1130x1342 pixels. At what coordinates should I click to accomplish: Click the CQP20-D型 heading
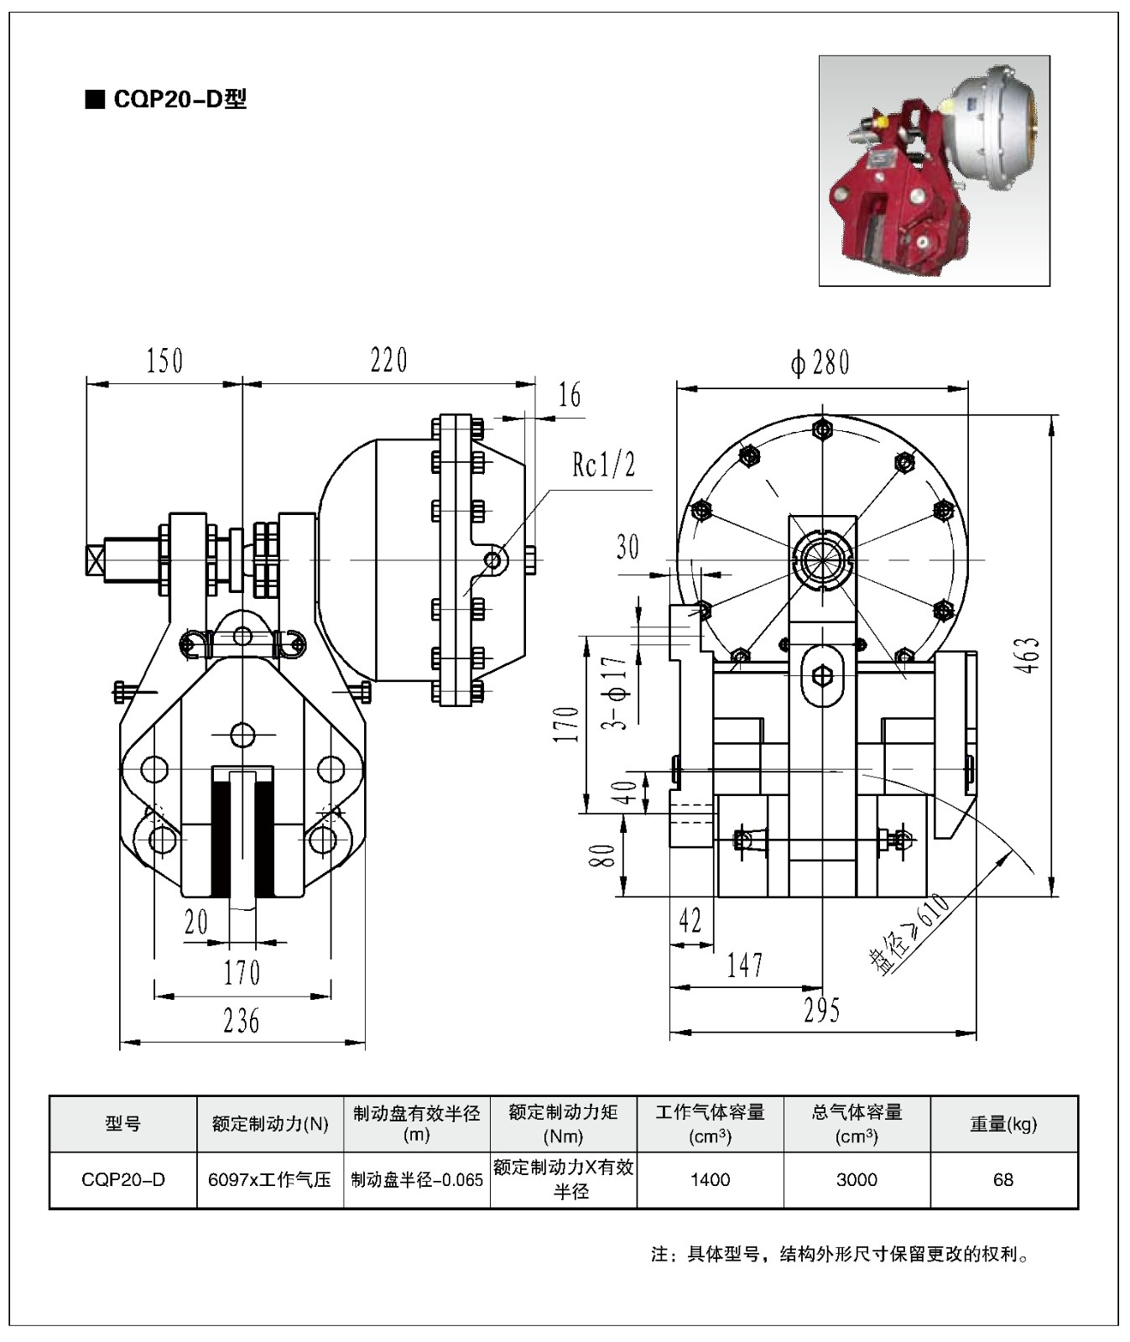click(167, 100)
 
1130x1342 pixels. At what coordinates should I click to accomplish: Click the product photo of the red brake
click(934, 170)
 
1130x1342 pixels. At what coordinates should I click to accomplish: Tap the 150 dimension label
click(164, 361)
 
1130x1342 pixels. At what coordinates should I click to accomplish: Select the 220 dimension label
click(388, 360)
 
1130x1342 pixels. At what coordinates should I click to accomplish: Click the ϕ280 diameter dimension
click(820, 362)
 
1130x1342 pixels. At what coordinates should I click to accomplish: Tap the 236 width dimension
click(242, 1021)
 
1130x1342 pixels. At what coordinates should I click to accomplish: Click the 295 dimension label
click(821, 1011)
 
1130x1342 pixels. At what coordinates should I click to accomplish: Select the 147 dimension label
click(745, 965)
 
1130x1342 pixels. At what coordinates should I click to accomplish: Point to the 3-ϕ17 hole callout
click(618, 694)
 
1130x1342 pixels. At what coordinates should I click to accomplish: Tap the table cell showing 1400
click(710, 1180)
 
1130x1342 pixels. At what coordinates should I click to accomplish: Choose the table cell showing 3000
click(857, 1180)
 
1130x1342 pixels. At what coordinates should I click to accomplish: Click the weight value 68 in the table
click(1003, 1180)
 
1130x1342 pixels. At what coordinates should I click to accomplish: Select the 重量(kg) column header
click(1003, 1124)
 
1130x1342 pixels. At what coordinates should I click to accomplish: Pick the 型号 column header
click(123, 1124)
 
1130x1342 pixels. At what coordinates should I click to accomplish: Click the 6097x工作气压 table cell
click(269, 1180)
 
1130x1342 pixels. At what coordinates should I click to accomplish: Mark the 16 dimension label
click(570, 394)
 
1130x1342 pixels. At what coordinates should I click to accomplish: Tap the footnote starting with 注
click(840, 1255)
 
